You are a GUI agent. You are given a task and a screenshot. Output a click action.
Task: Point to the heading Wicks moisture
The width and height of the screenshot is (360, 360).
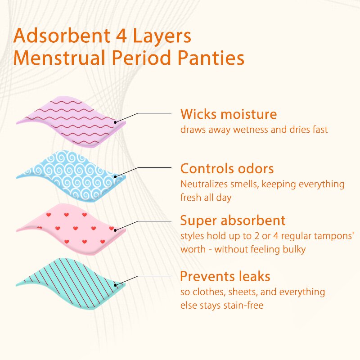(229, 114)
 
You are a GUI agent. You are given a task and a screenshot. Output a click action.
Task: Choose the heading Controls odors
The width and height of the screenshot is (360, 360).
(227, 169)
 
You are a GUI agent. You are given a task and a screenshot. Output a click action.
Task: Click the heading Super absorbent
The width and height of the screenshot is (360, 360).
(233, 220)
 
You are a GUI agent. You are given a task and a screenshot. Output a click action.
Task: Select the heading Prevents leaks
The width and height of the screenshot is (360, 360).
(225, 275)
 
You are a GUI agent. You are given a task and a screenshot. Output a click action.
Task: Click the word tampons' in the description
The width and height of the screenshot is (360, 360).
(330, 236)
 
